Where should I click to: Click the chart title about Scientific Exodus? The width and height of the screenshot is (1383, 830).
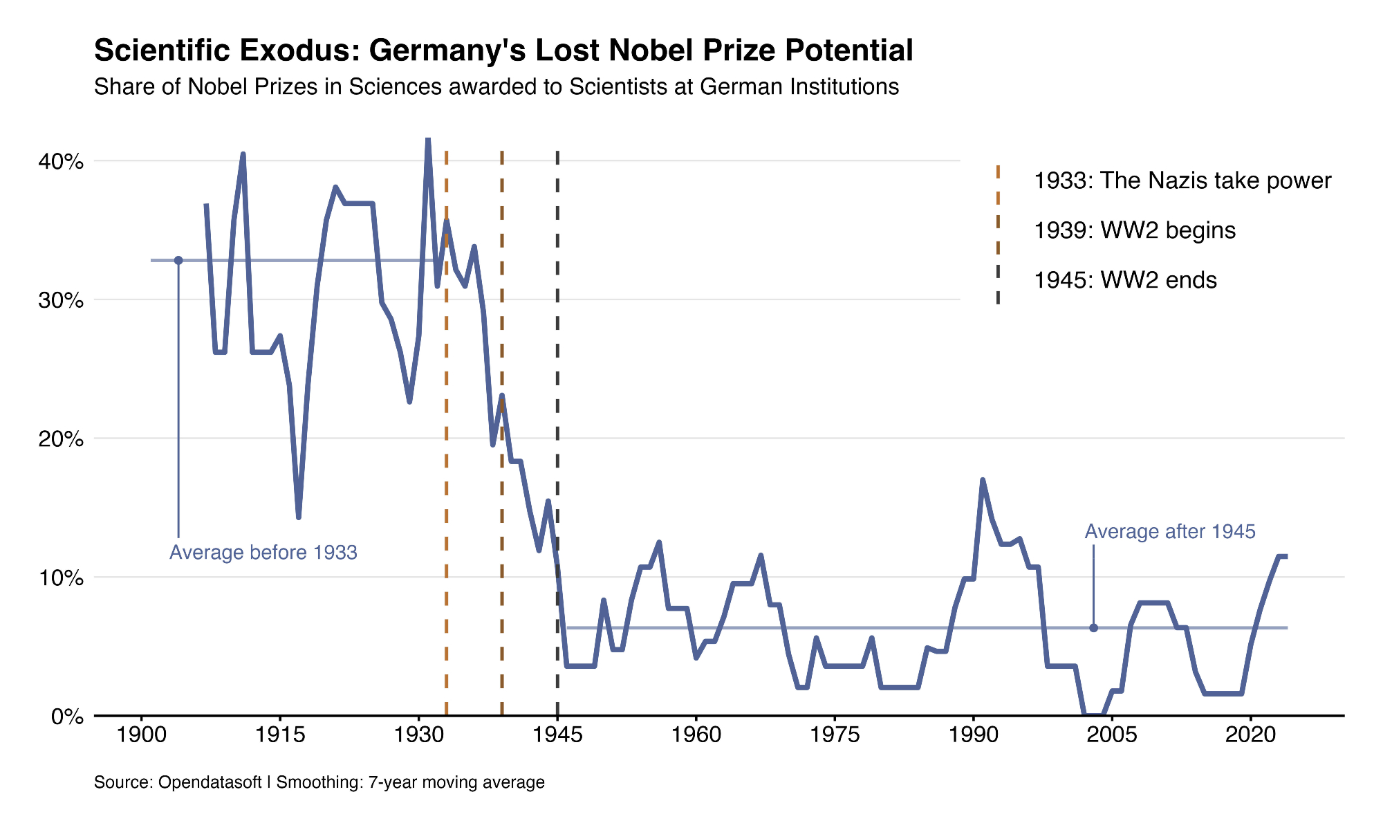click(x=503, y=50)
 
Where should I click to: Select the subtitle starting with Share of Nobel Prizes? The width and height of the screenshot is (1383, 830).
click(x=496, y=87)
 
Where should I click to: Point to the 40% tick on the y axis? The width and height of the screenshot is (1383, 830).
click(x=60, y=162)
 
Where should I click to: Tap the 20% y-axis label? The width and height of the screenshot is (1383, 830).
click(x=60, y=439)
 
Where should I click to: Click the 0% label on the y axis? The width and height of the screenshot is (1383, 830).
click(x=67, y=717)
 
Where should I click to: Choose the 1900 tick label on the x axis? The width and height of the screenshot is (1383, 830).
click(x=141, y=735)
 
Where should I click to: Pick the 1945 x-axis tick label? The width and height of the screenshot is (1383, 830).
click(x=557, y=735)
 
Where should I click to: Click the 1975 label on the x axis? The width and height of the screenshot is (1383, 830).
click(x=835, y=735)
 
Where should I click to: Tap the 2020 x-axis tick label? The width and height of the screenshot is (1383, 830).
click(x=1250, y=735)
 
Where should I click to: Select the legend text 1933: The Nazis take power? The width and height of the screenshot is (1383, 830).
click(x=1182, y=181)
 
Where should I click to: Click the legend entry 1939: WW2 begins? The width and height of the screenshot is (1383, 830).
click(x=1135, y=230)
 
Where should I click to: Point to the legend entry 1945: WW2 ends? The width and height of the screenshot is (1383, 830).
click(x=1125, y=280)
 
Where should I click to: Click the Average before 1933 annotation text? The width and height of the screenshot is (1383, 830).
click(x=263, y=553)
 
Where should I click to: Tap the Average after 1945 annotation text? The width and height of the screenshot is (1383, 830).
click(x=1170, y=532)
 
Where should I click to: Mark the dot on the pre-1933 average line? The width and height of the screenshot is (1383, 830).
click(x=178, y=260)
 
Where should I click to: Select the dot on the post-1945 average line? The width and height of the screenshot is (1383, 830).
click(x=1093, y=628)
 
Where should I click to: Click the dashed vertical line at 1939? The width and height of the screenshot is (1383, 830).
click(x=502, y=553)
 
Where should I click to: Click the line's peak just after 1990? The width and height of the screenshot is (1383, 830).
click(x=983, y=480)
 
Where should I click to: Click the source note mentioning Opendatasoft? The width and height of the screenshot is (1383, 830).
click(x=319, y=782)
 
